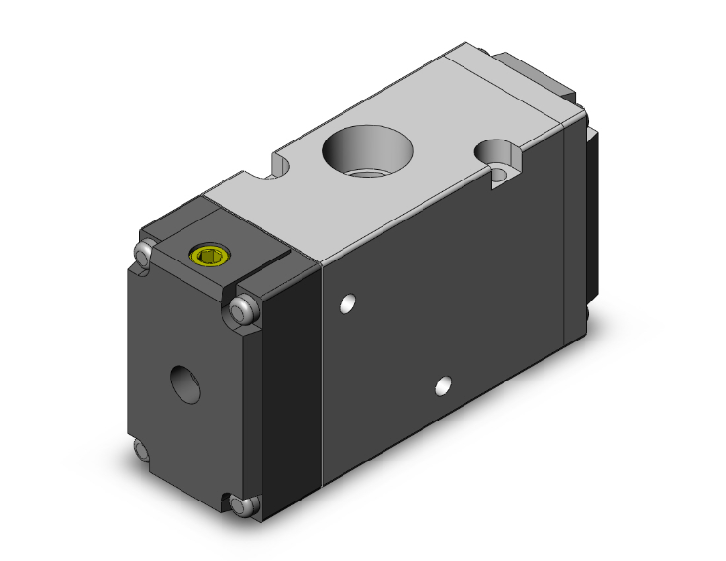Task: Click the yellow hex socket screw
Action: (x=207, y=257)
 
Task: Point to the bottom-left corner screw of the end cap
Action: (x=143, y=452)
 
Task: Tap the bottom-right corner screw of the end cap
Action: (x=244, y=505)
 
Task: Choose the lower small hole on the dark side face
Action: (x=444, y=383)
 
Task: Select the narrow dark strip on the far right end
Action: (x=590, y=215)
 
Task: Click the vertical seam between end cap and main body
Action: (x=322, y=371)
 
